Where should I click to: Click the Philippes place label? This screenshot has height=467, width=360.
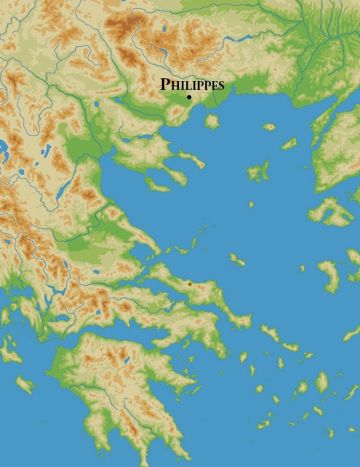point(192,85)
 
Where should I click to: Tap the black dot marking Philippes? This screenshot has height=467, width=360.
point(189,97)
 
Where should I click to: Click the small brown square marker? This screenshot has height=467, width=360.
point(190,284)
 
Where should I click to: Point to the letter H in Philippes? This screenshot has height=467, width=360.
point(173,86)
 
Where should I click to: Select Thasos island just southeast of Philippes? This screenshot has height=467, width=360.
point(212,121)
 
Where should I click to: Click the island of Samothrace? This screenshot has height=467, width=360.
point(269,126)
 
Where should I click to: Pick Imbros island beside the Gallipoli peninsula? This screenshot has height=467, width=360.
point(289,144)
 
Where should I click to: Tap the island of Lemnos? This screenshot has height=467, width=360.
point(258,172)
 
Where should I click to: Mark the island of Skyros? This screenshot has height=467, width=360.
point(237,259)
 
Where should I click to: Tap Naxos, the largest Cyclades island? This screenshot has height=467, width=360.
point(322,382)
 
